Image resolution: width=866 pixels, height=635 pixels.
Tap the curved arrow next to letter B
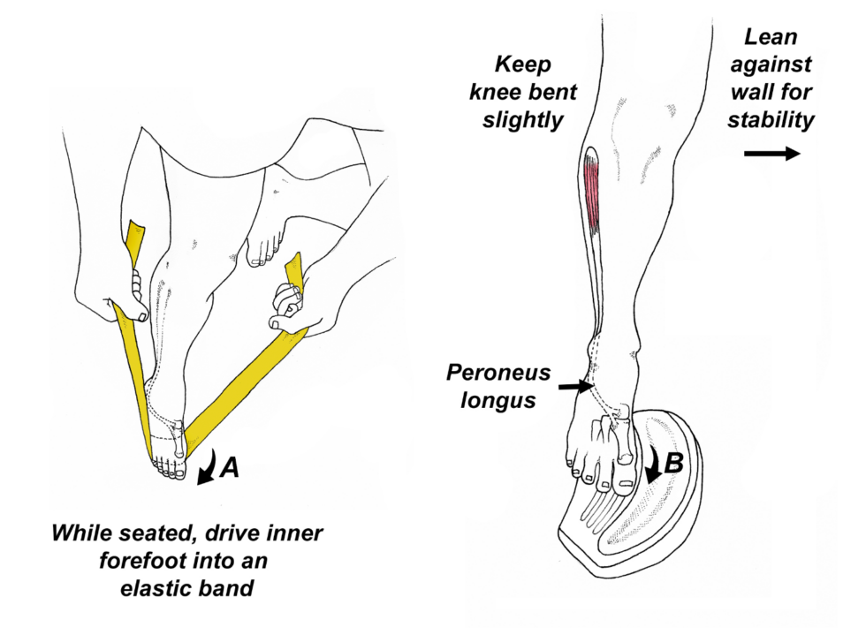click(x=655, y=463)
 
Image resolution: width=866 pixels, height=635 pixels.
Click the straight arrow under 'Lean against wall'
click(x=771, y=154)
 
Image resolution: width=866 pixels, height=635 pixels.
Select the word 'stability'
click(x=770, y=119)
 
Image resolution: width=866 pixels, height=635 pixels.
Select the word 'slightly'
click(x=522, y=120)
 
